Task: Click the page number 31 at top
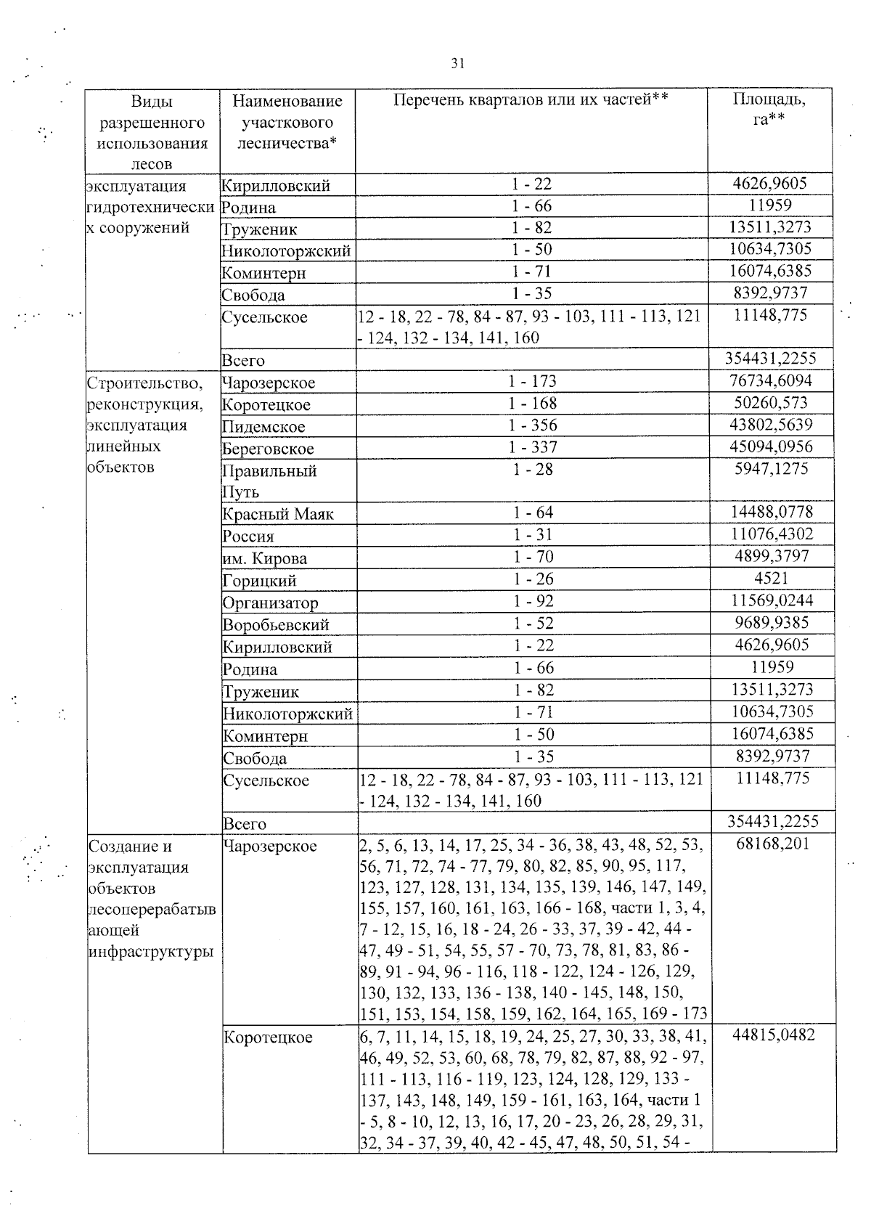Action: (457, 63)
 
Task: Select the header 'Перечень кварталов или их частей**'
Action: (531, 100)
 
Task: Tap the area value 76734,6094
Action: (770, 380)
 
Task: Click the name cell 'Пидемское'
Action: (263, 426)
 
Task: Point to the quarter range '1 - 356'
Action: (533, 425)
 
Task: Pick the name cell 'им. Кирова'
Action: (265, 558)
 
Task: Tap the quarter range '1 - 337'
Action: (533, 447)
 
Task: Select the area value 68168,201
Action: (772, 844)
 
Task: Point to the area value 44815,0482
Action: (774, 1035)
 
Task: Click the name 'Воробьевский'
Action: (276, 624)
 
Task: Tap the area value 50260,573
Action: (770, 403)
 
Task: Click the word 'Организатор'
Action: (270, 603)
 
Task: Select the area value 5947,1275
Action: (772, 469)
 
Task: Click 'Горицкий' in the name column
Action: (259, 581)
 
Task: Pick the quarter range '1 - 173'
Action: (533, 380)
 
